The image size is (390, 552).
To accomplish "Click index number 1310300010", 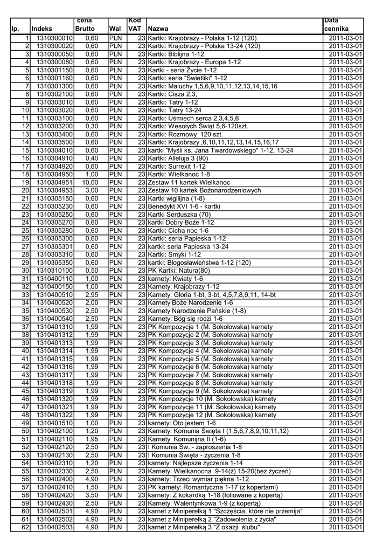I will (x=54, y=38).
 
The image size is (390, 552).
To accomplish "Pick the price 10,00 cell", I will (x=90, y=182).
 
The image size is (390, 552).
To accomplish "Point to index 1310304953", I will (x=54, y=190).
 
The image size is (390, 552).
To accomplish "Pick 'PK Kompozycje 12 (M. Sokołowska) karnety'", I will (x=212, y=415).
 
